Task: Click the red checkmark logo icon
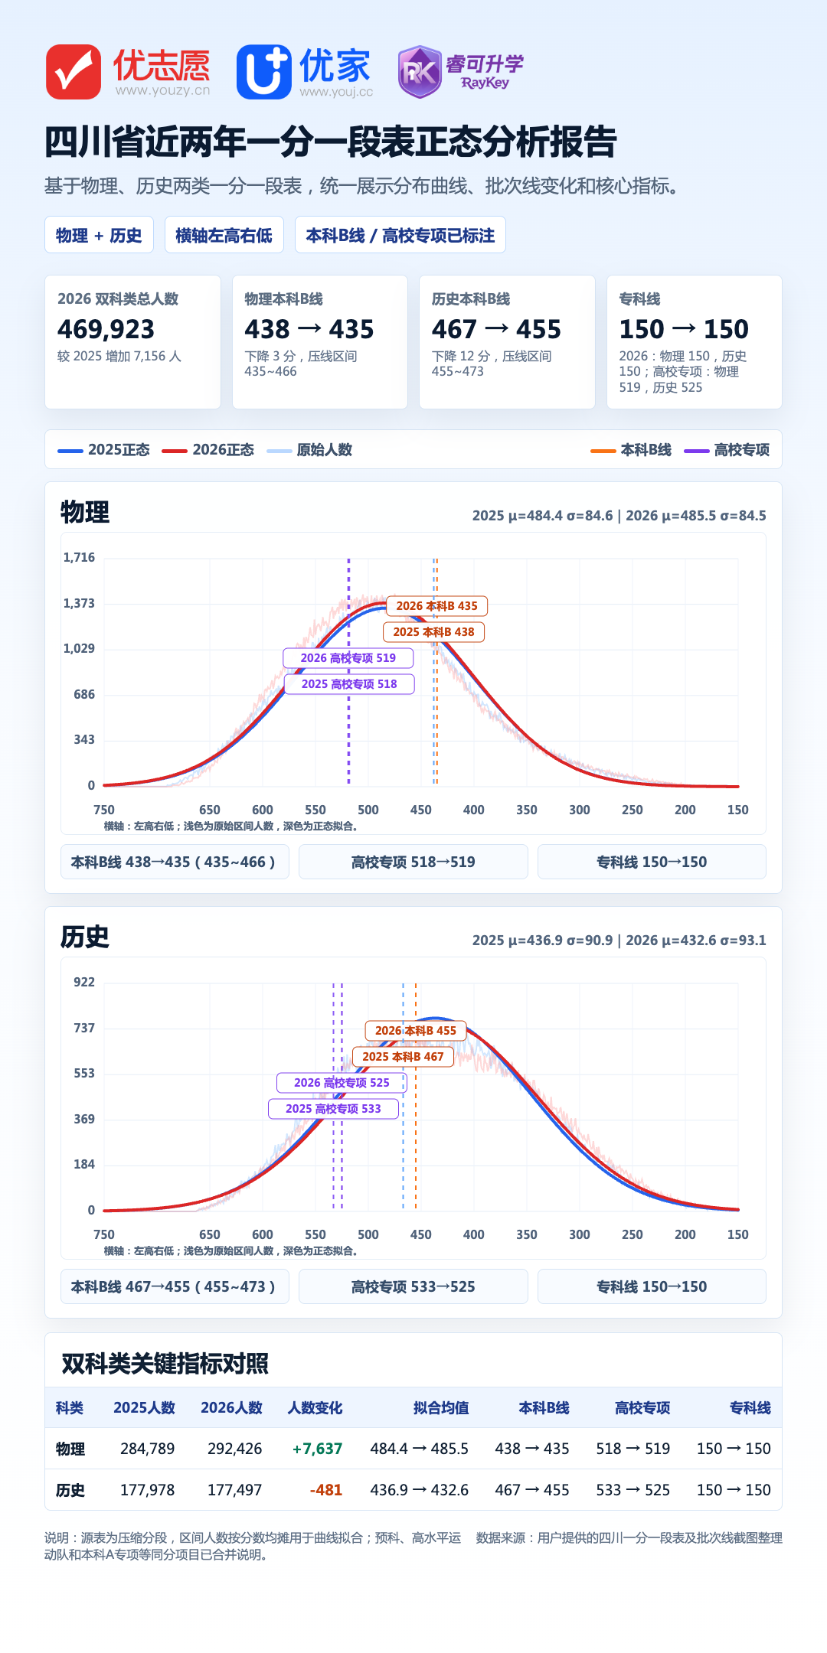74,72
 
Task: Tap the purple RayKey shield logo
420,72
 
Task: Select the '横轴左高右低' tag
224,235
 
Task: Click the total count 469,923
106,329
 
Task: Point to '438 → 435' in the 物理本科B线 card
309,329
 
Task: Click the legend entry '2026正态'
208,450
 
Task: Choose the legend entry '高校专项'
727,450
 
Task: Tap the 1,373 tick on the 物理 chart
79,603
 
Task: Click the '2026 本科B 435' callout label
436,606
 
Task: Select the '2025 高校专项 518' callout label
349,684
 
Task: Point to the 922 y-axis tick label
84,982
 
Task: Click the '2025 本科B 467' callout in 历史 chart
403,1057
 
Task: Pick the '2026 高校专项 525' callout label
342,1083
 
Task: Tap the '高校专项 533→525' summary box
413,1286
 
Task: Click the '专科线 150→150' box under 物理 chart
652,862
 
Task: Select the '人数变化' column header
315,1408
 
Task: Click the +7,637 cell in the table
317,1449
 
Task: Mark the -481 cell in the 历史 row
326,1490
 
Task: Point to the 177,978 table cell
147,1490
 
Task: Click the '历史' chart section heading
85,937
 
